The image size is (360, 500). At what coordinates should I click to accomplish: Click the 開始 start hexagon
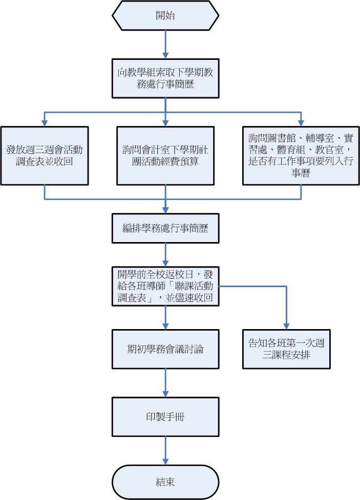(165, 16)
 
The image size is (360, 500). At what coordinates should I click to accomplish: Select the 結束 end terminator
(165, 482)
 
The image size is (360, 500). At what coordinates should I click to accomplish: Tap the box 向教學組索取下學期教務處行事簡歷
(165, 78)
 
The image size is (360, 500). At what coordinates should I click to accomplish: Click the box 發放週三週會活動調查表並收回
(45, 156)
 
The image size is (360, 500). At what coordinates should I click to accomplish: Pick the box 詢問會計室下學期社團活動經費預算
(165, 156)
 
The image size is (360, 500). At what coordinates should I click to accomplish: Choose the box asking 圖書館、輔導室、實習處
(301, 156)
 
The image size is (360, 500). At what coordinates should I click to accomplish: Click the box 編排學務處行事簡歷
(165, 228)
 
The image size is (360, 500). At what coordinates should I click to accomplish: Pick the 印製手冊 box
(165, 417)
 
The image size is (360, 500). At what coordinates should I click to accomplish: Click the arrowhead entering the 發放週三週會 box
(45, 123)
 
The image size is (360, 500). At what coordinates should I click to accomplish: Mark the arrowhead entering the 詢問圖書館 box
(301, 123)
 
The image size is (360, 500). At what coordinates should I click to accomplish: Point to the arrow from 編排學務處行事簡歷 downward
(165, 254)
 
